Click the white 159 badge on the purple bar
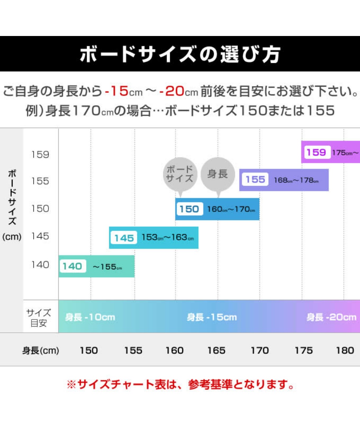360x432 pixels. [x=316, y=152]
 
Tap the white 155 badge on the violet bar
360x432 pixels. [x=255, y=180]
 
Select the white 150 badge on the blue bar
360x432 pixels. [x=189, y=209]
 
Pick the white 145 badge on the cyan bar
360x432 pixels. [x=124, y=238]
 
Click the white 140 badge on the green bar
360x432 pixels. [x=72, y=266]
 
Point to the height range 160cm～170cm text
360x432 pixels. [x=231, y=209]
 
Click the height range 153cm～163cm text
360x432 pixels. [x=167, y=238]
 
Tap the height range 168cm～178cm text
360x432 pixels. [x=296, y=180]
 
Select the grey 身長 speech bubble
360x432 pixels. [x=218, y=174]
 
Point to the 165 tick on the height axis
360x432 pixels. [x=216, y=351]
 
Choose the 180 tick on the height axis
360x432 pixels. [x=345, y=351]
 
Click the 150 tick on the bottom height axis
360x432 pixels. [x=89, y=351]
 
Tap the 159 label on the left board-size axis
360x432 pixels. [x=40, y=155]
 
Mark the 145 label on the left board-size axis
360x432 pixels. [x=40, y=236]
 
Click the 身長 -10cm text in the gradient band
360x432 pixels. [x=90, y=317]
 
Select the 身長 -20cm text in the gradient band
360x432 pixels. [x=332, y=317]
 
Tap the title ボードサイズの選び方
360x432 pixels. [x=180, y=55]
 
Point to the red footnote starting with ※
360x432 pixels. [x=180, y=385]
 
